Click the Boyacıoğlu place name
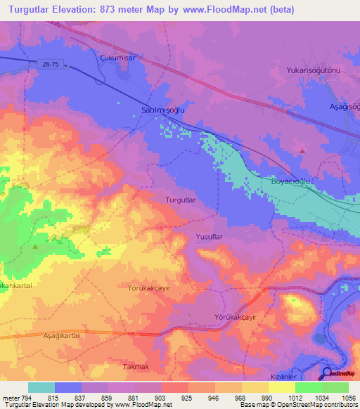(x=291, y=181)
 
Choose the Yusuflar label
(x=209, y=238)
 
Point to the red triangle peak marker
(x=302, y=150)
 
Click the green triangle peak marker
(x=35, y=246)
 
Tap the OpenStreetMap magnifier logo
(x=328, y=373)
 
